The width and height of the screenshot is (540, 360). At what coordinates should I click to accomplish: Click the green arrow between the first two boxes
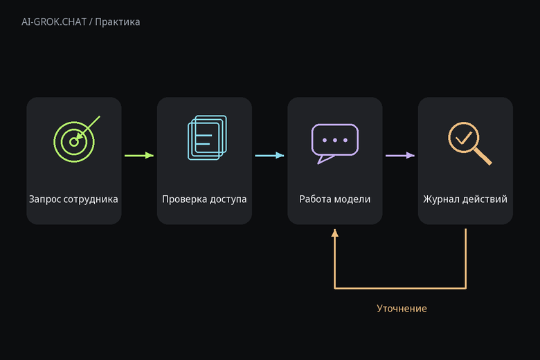139,155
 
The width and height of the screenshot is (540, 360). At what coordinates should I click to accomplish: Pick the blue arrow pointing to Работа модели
270,155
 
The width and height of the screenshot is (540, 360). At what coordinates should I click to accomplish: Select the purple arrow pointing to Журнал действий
400,155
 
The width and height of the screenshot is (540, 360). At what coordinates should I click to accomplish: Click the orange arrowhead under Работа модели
335,233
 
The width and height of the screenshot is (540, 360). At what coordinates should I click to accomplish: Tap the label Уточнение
402,308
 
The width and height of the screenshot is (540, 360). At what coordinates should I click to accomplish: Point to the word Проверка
185,199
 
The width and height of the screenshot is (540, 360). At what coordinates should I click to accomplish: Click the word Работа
315,199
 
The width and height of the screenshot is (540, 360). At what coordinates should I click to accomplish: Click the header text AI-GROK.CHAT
54,22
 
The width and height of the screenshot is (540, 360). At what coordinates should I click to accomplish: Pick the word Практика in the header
118,22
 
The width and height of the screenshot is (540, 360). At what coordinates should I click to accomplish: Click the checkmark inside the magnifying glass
464,138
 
